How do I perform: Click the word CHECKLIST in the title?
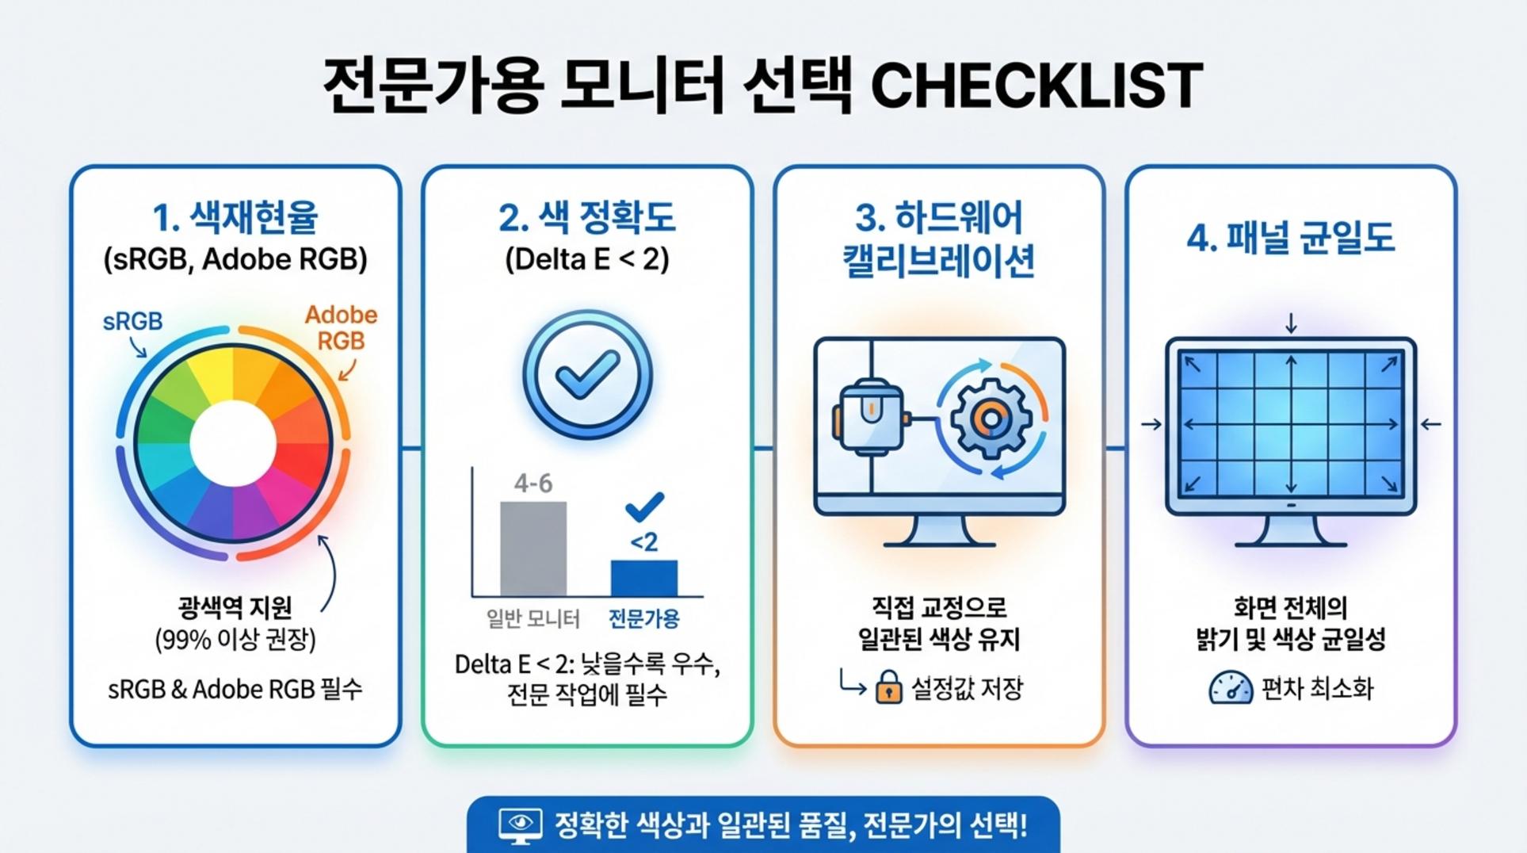[1036, 85]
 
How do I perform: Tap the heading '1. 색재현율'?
[235, 217]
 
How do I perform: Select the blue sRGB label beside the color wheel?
[132, 321]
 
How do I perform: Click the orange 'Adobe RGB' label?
[341, 327]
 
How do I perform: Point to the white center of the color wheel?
[233, 443]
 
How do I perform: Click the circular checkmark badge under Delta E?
[587, 374]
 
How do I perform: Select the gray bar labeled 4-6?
[533, 548]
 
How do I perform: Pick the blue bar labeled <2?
[644, 578]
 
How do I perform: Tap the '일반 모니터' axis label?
[533, 618]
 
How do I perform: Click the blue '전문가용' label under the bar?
[643, 618]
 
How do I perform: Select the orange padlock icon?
[888, 687]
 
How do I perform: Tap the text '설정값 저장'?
[967, 688]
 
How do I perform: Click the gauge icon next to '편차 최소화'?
[1231, 687]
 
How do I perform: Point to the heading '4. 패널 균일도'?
[1291, 237]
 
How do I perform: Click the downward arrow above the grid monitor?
[1291, 323]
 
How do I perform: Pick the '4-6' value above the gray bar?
[533, 483]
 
